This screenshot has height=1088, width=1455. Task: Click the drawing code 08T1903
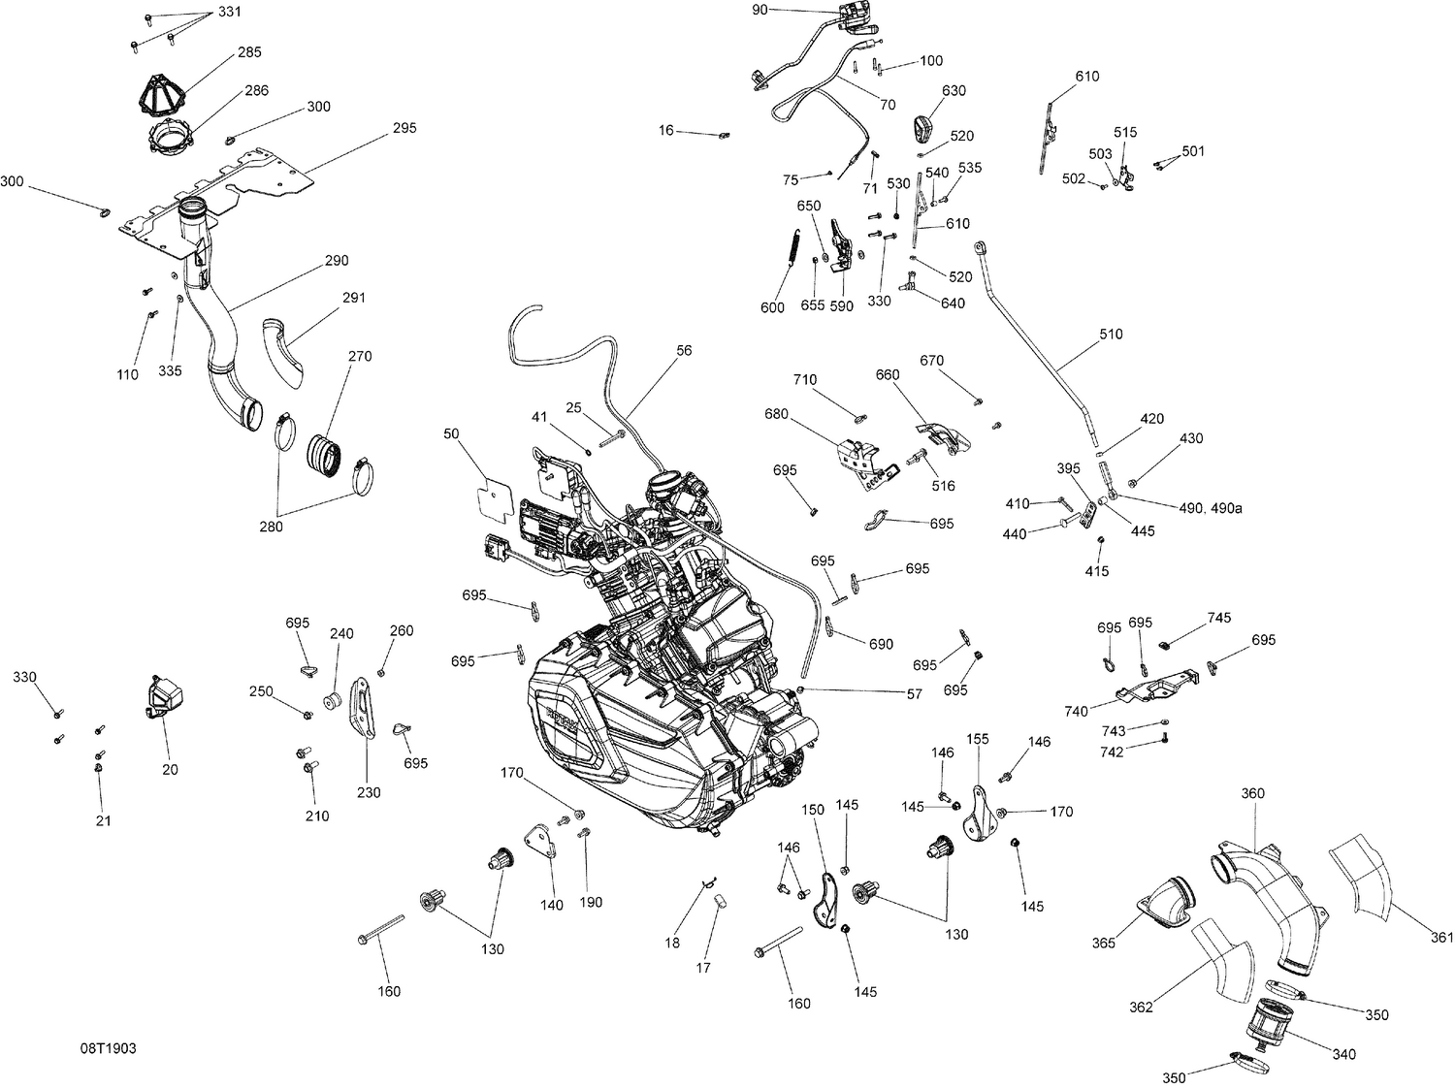coord(108,1049)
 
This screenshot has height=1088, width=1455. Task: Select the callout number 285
coord(249,52)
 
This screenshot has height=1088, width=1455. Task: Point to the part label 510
coord(1111,335)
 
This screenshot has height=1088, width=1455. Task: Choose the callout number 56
coord(685,351)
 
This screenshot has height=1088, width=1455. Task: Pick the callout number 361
coord(1441,937)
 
